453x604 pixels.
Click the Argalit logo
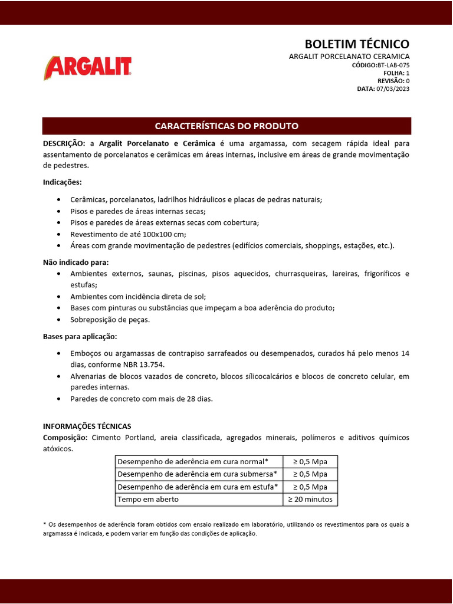click(x=87, y=68)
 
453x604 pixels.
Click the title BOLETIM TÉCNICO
click(x=356, y=44)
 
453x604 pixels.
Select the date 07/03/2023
click(x=393, y=88)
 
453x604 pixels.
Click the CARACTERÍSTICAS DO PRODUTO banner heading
click(x=226, y=126)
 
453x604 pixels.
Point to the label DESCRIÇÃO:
click(x=64, y=143)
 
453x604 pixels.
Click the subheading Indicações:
click(x=63, y=182)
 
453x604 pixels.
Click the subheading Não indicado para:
click(x=75, y=262)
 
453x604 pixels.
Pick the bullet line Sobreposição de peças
click(x=110, y=319)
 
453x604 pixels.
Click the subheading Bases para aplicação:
click(x=80, y=336)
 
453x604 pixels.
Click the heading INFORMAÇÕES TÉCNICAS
click(x=87, y=426)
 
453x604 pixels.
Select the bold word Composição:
click(x=65, y=438)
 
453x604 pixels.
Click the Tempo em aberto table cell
click(x=149, y=500)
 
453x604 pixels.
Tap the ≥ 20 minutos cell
click(x=310, y=500)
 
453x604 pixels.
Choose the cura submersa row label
click(x=198, y=474)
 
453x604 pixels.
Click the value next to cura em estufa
click(x=310, y=487)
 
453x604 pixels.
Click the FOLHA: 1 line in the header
click(x=396, y=73)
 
